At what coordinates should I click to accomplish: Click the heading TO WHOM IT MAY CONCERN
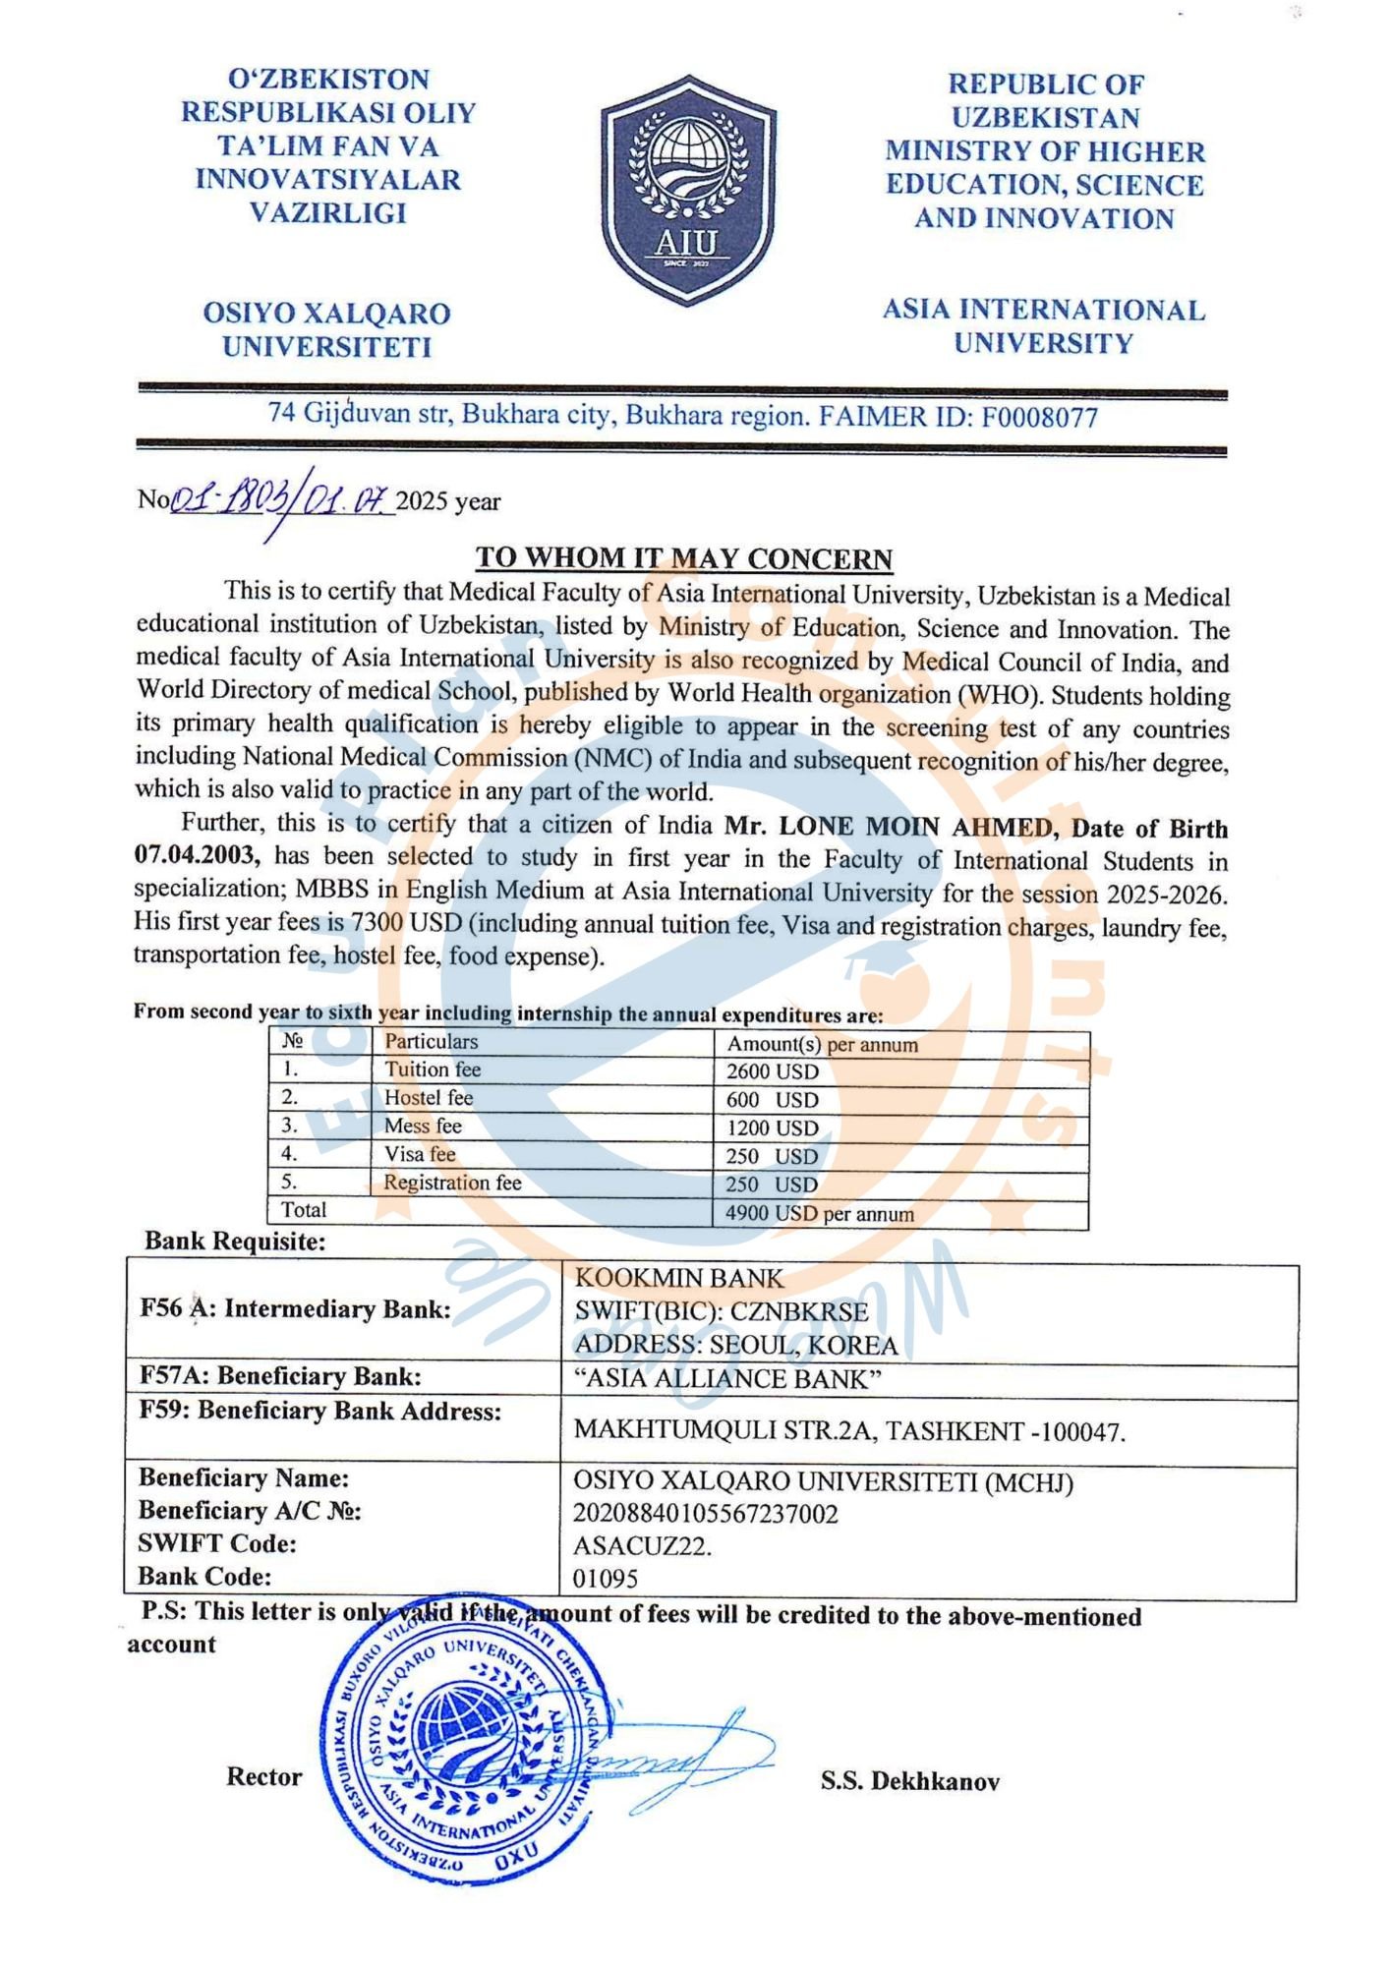[684, 558]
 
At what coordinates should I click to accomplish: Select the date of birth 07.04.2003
[197, 856]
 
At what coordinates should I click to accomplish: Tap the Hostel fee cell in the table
[429, 1098]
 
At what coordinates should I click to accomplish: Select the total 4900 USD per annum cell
[819, 1214]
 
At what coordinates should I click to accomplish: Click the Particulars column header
[431, 1042]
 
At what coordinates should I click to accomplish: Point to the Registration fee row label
[452, 1183]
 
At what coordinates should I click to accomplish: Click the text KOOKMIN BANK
[679, 1278]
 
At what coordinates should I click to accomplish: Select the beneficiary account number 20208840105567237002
[705, 1514]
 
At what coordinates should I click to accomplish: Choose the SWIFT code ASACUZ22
[642, 1546]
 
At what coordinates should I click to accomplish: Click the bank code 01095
[606, 1579]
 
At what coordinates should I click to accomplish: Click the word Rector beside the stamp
[263, 1776]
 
